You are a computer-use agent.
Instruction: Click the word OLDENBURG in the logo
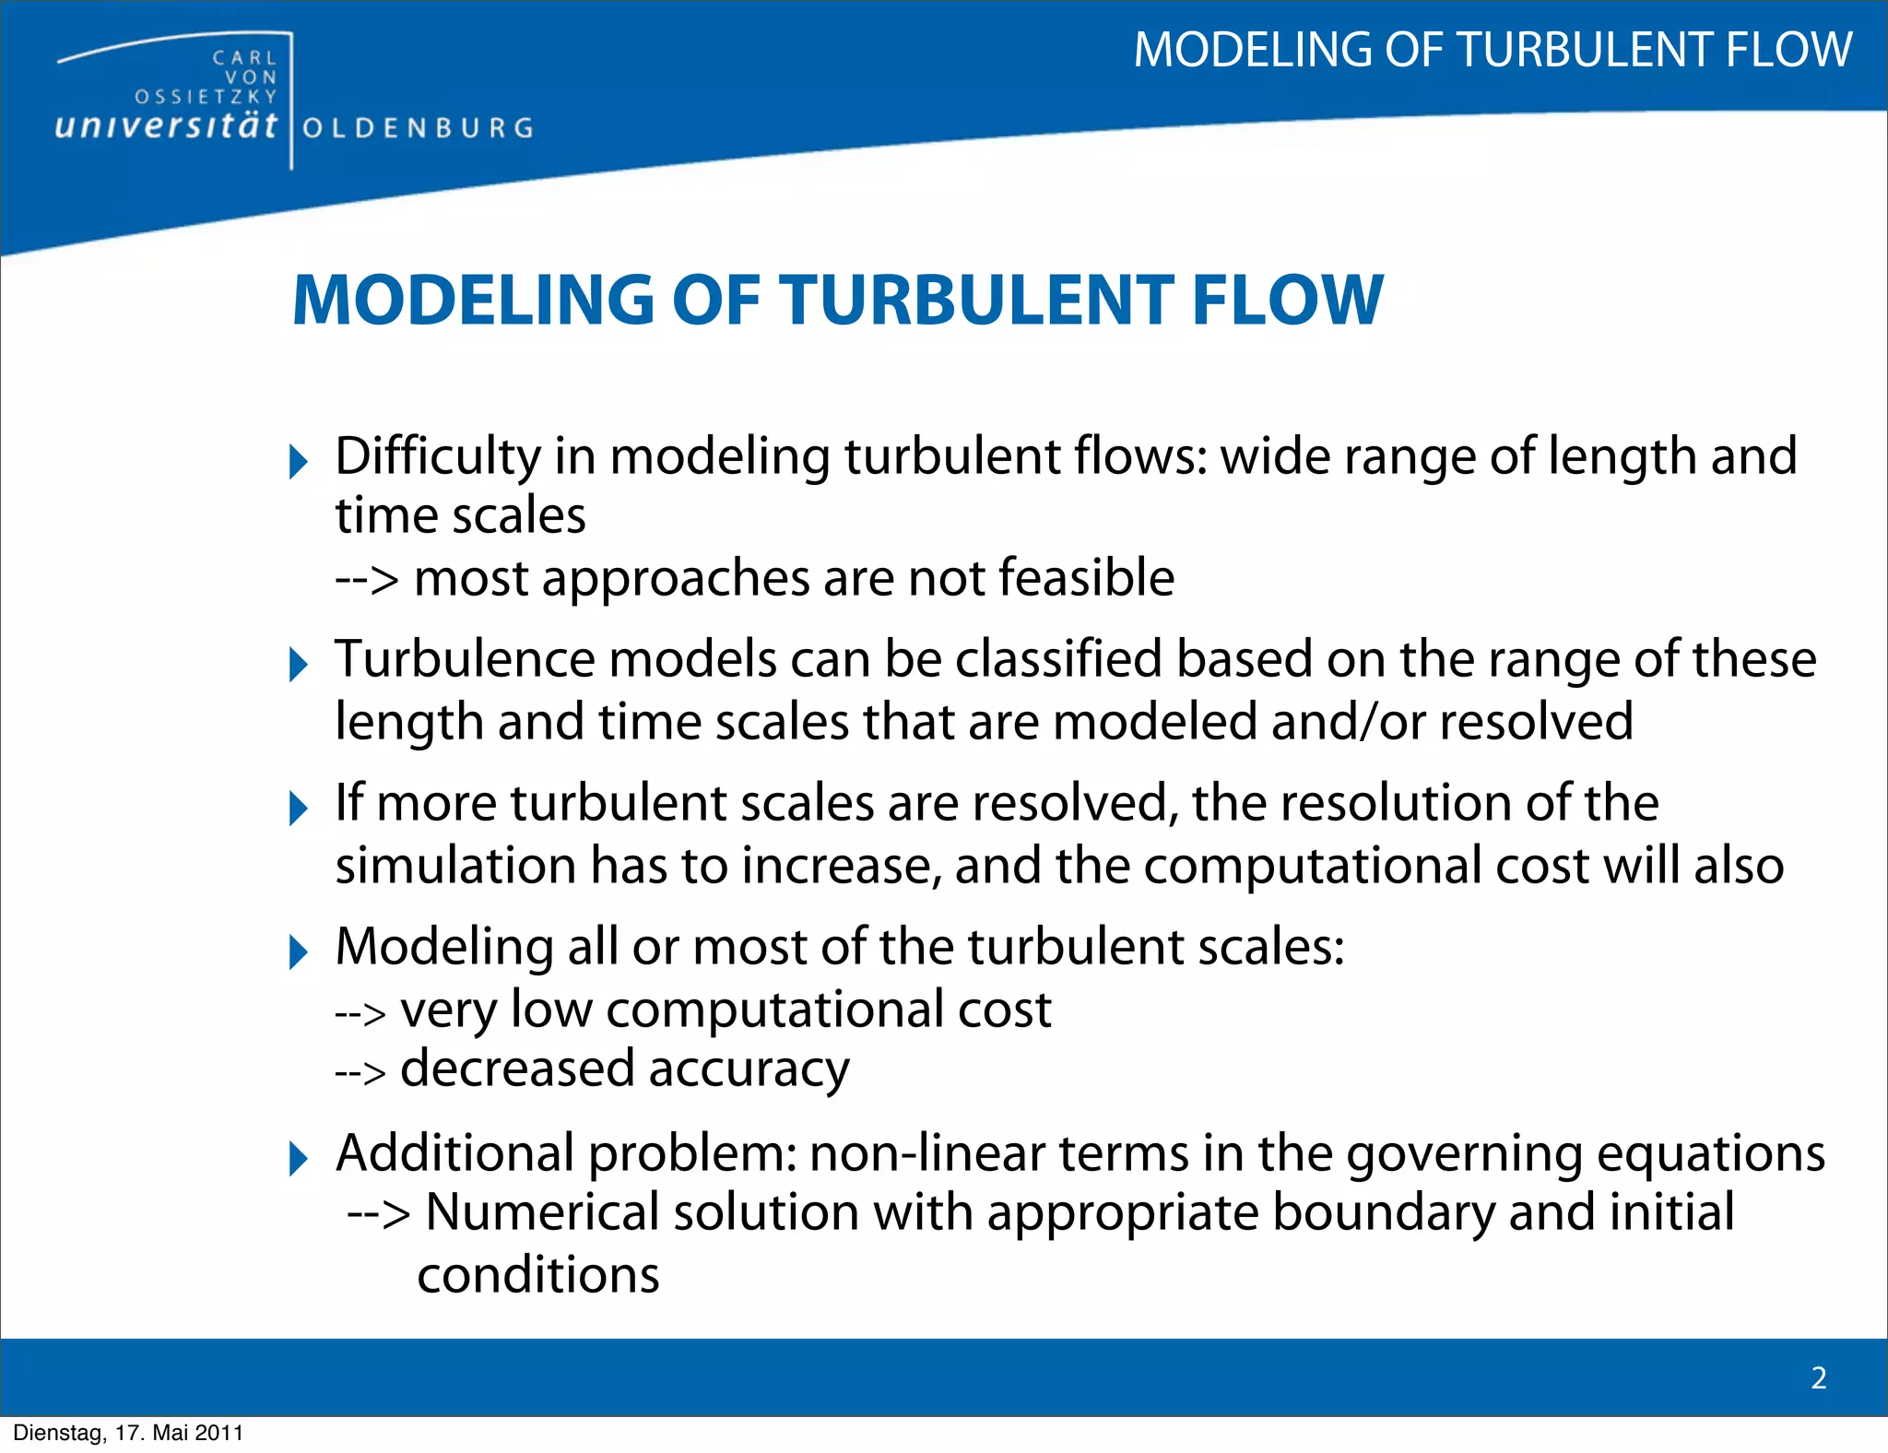pos(418,127)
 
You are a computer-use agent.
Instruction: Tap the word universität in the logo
pos(166,125)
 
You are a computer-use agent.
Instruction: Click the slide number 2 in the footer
pos(1819,1377)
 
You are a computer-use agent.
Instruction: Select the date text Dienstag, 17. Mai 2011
pos(128,1433)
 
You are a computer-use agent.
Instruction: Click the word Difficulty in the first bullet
pos(438,456)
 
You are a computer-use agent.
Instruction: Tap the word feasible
pos(1087,578)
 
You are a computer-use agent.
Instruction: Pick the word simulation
pos(455,866)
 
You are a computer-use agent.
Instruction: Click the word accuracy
pos(749,1069)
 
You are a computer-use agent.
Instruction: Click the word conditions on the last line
pos(538,1275)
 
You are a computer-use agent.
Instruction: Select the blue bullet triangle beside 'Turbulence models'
pos(298,664)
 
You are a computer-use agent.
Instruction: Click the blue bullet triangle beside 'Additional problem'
pos(298,1158)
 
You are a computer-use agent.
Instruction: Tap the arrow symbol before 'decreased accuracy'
pos(360,1072)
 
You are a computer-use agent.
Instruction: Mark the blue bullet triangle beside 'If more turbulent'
pos(298,808)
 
